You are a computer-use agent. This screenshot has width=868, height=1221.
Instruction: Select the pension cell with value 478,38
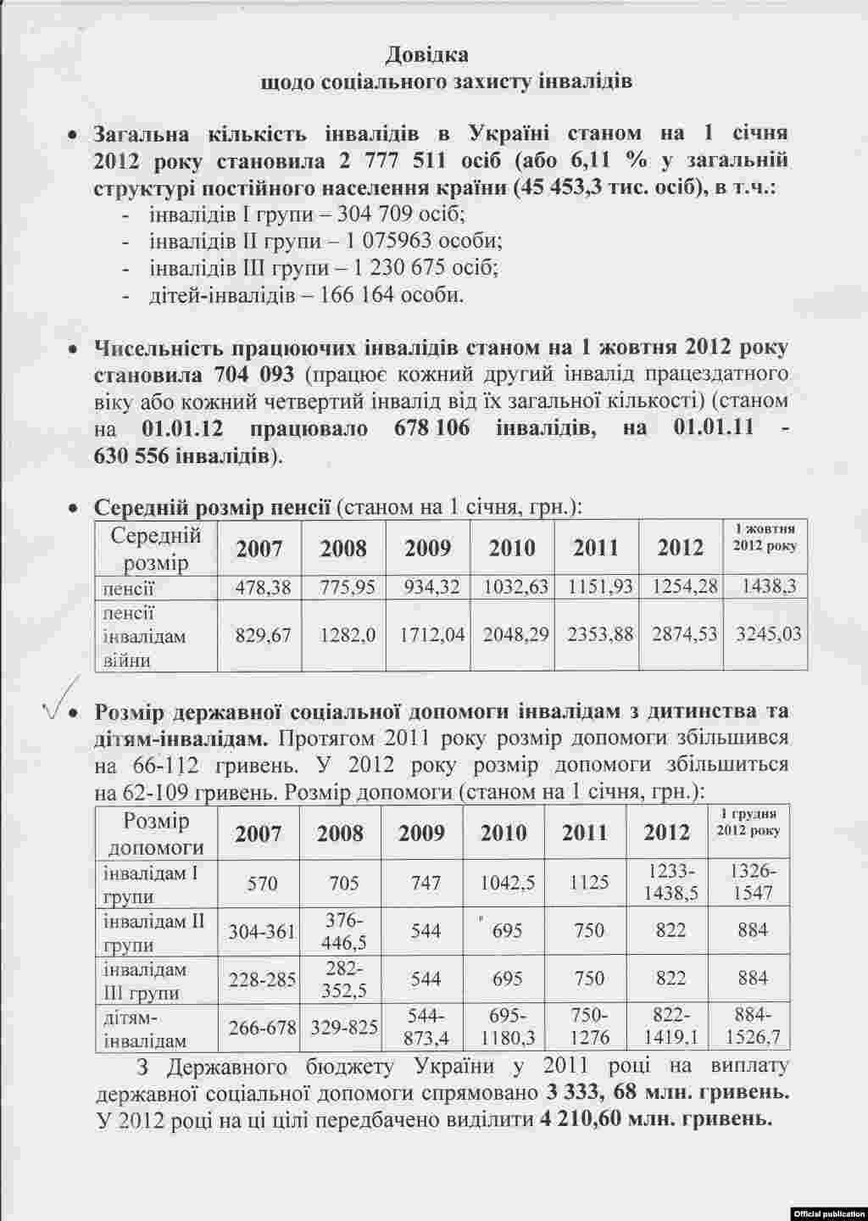point(259,586)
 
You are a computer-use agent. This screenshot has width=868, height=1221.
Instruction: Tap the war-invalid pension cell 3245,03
point(765,633)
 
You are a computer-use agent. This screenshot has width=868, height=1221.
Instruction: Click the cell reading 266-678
point(262,1027)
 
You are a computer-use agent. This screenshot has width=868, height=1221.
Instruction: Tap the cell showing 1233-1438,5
point(670,882)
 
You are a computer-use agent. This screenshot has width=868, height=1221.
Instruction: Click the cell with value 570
point(262,883)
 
